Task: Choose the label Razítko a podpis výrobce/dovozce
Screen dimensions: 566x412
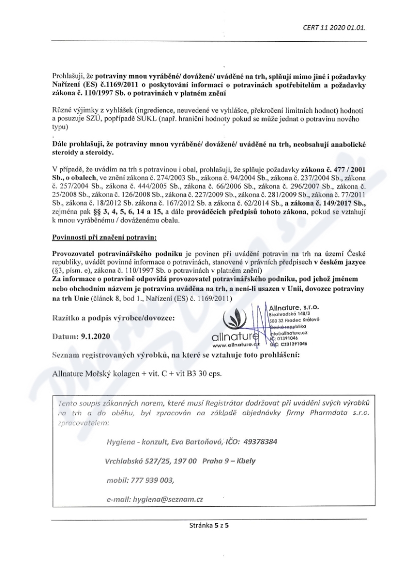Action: pyautogui.click(x=114, y=317)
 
